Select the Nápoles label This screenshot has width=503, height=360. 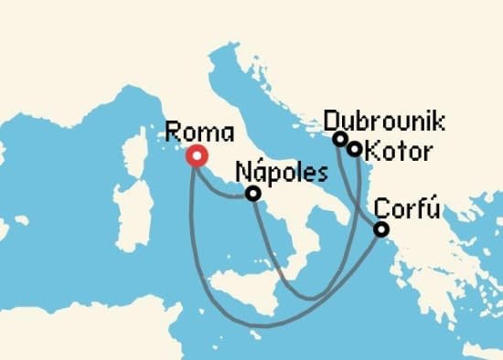pos(280,171)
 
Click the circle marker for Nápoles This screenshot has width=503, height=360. pos(253,194)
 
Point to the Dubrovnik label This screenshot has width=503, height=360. pos(384,121)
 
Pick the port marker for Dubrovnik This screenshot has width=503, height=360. pos(340,139)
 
